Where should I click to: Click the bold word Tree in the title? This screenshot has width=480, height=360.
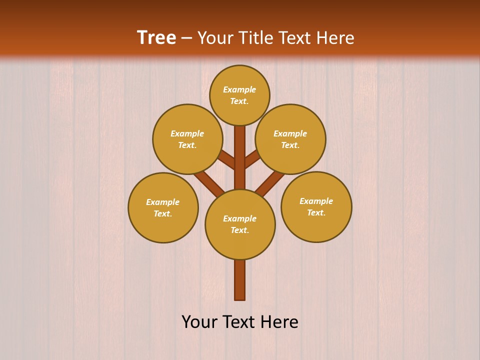tap(156, 37)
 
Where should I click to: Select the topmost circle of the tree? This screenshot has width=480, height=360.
tap(239, 95)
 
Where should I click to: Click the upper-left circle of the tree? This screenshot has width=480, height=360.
tap(187, 139)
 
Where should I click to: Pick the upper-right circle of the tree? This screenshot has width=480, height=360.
tap(290, 139)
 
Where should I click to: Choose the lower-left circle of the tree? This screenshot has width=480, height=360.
tap(163, 207)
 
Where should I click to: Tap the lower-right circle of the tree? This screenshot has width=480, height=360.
tap(316, 206)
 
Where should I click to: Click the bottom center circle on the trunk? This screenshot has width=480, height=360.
tap(240, 224)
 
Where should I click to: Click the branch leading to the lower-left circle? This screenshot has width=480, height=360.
tap(209, 183)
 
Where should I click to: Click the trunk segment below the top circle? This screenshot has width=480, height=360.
tap(240, 150)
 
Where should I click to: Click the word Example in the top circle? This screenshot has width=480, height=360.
tap(239, 89)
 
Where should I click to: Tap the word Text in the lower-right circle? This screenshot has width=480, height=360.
tap(315, 212)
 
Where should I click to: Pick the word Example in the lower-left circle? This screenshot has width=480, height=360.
tap(163, 202)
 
